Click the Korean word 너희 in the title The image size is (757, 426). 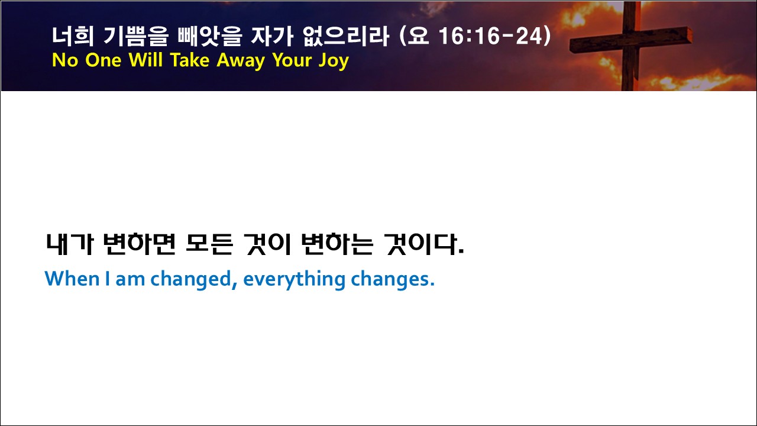click(73, 36)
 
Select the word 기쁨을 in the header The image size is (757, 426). click(136, 36)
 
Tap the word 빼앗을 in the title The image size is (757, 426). click(210, 36)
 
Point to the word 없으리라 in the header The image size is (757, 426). click(346, 36)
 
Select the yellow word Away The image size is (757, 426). click(241, 61)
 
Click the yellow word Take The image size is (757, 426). click(190, 60)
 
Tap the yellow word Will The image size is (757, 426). click(145, 60)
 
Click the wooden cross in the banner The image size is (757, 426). click(630, 46)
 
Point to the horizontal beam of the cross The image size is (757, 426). click(630, 40)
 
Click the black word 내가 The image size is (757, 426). click(70, 244)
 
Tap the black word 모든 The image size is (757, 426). click(209, 244)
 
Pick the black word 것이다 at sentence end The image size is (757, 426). click(424, 244)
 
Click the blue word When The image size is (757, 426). click(72, 279)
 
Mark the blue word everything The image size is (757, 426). click(294, 280)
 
